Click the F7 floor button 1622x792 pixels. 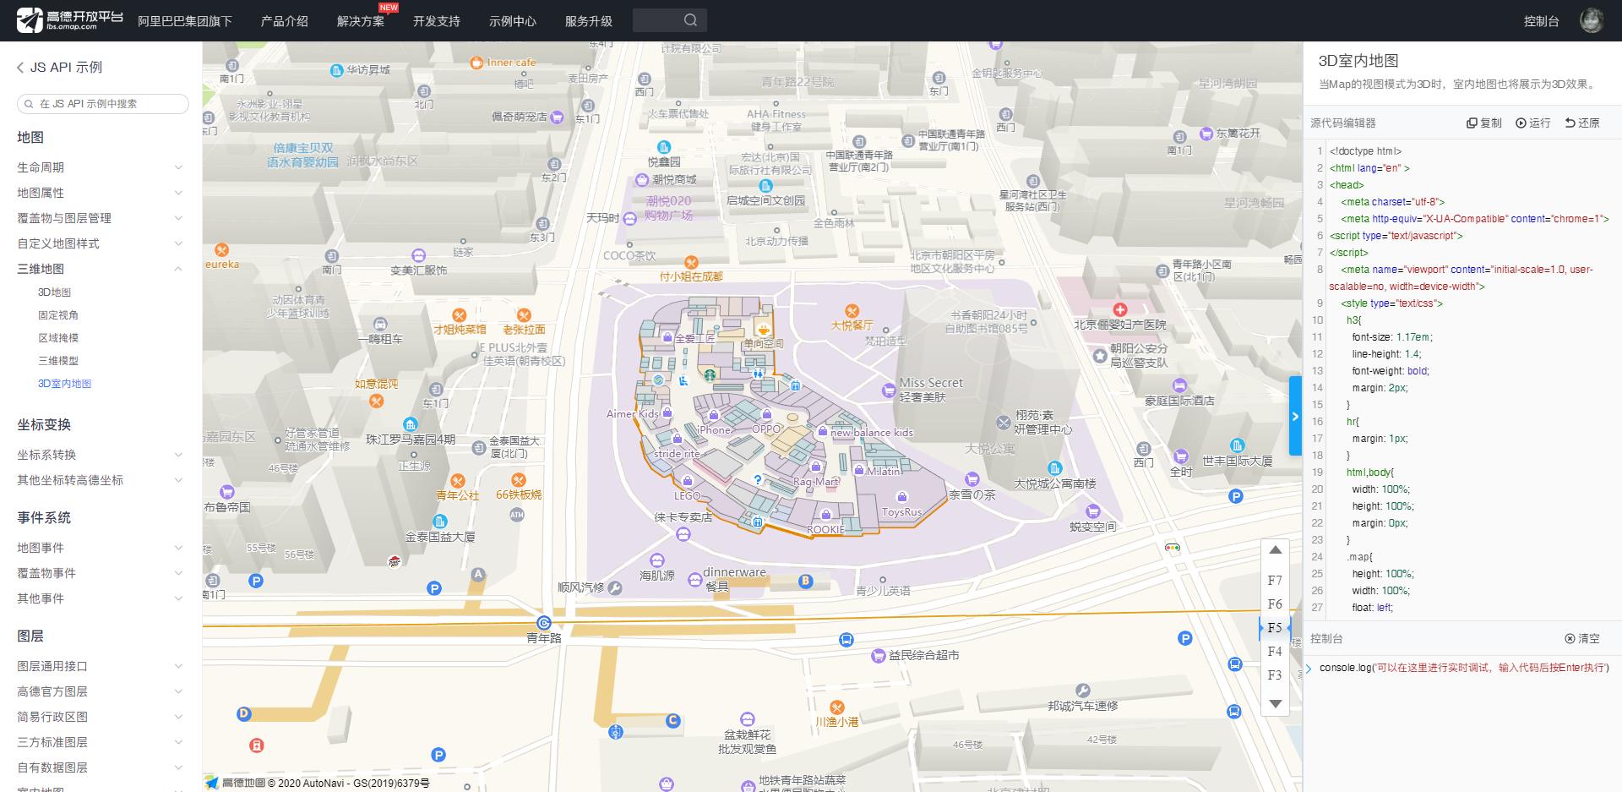(x=1275, y=581)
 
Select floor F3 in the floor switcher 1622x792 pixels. (x=1275, y=675)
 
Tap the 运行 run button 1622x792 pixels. (x=1533, y=123)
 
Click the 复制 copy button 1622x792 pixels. (x=1484, y=123)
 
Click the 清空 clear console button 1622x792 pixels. (x=1582, y=638)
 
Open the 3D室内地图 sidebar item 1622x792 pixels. (x=64, y=384)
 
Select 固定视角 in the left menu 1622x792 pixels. (x=58, y=315)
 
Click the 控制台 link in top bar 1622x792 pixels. (x=1541, y=21)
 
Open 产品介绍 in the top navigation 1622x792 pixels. (x=284, y=21)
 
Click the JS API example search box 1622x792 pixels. (x=103, y=104)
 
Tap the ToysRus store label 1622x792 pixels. (x=901, y=512)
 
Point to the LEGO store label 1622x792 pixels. (x=687, y=495)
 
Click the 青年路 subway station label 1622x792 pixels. (x=544, y=638)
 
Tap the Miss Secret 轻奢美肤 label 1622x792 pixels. (x=929, y=389)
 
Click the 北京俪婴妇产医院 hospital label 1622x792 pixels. (x=1119, y=325)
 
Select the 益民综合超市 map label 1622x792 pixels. (x=923, y=655)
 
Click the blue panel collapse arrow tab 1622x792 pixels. (x=1295, y=416)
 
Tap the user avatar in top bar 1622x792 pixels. (x=1591, y=20)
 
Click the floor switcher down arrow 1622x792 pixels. (x=1275, y=703)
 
